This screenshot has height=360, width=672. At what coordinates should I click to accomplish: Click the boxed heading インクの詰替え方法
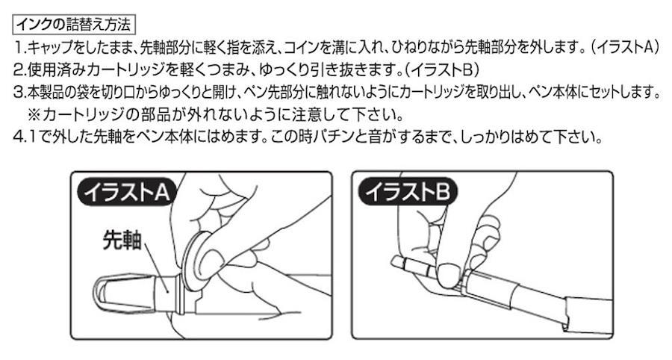click(74, 25)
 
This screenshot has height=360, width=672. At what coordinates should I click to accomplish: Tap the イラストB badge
click(408, 193)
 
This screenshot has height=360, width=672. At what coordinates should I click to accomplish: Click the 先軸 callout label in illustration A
click(122, 239)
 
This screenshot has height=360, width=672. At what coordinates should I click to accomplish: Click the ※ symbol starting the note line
click(34, 115)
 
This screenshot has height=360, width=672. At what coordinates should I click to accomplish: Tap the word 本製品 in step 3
click(48, 93)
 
